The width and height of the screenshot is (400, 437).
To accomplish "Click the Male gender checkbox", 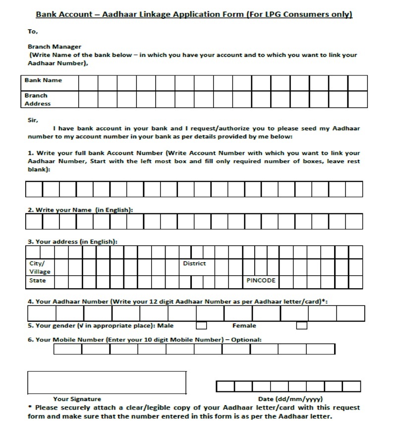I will (201, 326).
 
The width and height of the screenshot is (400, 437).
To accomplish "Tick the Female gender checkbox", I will (301, 326).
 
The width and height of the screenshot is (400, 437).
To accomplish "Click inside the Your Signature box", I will (107, 382).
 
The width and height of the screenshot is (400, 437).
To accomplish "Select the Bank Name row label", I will (44, 80).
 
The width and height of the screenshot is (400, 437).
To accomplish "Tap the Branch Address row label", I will (38, 100).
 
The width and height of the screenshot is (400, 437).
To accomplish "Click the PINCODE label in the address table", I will (261, 281).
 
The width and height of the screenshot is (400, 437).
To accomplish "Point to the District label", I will (194, 263).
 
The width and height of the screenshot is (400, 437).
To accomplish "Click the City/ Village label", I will (40, 267).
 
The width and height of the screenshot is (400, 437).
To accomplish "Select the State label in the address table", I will (38, 281).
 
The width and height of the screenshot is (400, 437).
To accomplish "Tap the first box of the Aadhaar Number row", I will (42, 313).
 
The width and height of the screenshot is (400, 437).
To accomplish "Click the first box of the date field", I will (225, 386).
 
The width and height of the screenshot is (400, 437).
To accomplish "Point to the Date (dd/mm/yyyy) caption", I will (290, 399).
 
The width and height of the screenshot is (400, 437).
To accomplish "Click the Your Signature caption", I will (77, 399).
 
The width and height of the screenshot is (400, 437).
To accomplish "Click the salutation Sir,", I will (33, 120).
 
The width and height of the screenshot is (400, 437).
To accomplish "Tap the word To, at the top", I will (33, 32).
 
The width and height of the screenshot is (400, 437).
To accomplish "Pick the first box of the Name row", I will (34, 221).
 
